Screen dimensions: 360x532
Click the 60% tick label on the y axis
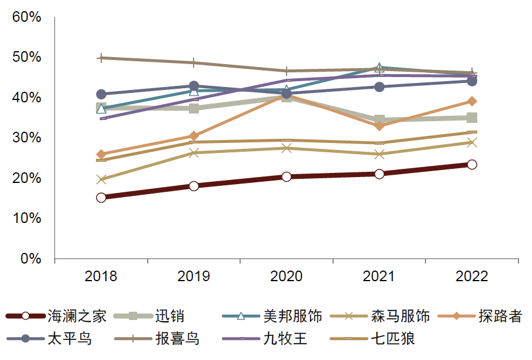[26, 17]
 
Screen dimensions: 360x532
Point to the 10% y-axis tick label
[26, 218]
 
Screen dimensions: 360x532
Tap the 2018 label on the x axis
[101, 276]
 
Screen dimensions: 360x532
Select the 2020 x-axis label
[287, 276]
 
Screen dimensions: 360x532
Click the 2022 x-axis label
[472, 276]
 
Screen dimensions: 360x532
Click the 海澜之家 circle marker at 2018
[101, 198]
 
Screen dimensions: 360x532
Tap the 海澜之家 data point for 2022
[472, 165]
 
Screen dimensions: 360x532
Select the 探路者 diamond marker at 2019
[194, 136]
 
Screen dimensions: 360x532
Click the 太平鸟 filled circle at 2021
[380, 87]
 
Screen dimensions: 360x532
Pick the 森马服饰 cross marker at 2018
[101, 179]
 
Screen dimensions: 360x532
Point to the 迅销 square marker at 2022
[472, 118]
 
